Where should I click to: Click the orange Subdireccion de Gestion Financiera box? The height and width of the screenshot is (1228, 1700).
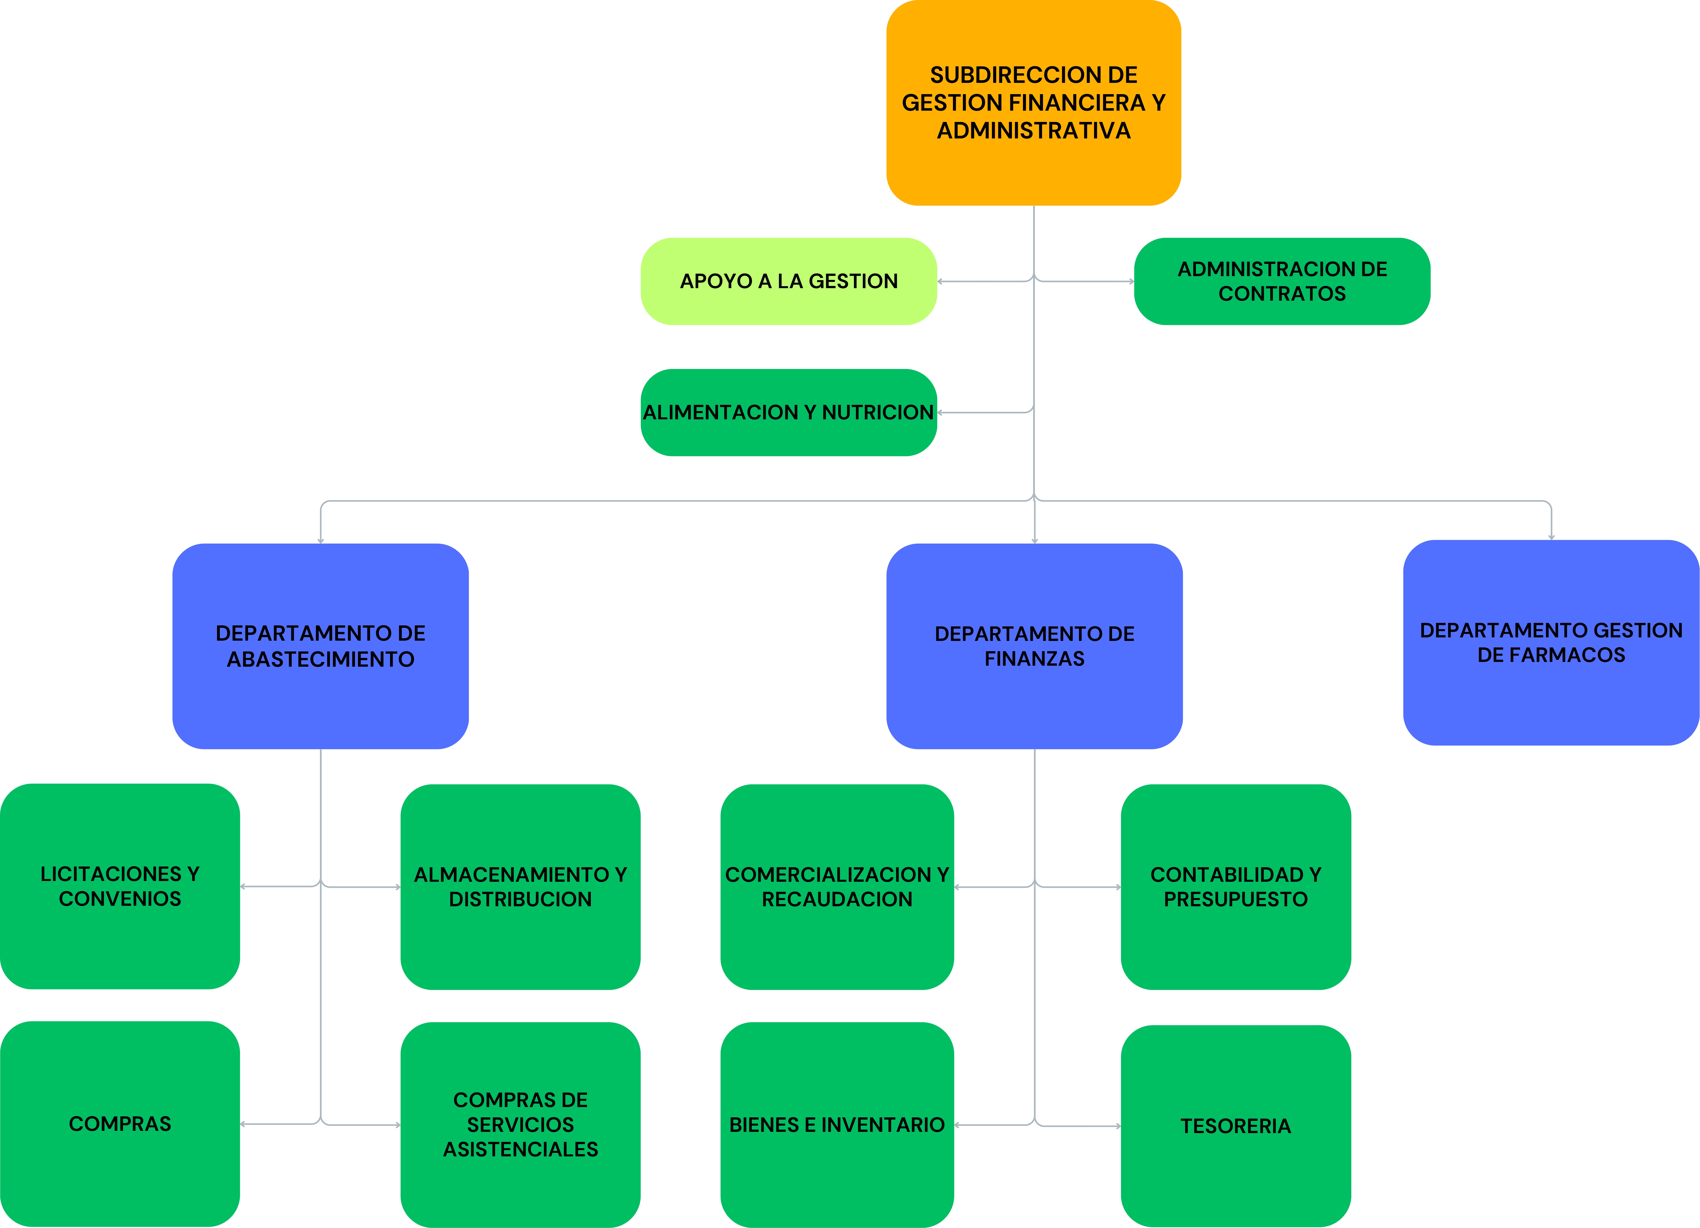(1034, 103)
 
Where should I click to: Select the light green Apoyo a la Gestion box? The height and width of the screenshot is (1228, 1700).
(789, 281)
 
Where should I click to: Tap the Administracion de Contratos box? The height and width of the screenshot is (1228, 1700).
(1282, 281)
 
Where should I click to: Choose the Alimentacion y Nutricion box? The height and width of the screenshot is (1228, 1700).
(789, 412)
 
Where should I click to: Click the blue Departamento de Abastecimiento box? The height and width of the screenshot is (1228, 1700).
(321, 646)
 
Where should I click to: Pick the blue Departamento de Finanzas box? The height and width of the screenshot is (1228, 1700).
(1034, 646)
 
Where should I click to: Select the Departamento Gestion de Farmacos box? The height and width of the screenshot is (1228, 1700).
(1551, 642)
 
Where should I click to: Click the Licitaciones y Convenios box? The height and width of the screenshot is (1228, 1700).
(120, 886)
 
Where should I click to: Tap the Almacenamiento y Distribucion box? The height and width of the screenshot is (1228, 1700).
(520, 887)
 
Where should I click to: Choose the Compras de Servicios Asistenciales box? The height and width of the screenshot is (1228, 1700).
(520, 1125)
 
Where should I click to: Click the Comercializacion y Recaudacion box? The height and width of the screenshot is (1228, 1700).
(837, 887)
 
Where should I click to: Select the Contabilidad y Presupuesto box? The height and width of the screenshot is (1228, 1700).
(1236, 887)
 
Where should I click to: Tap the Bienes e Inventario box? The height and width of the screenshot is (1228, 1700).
(837, 1125)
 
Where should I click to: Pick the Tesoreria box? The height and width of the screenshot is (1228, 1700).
(1236, 1126)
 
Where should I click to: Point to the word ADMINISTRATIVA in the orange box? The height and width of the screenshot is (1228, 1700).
(1034, 130)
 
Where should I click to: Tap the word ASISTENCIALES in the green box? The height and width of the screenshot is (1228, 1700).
(520, 1149)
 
